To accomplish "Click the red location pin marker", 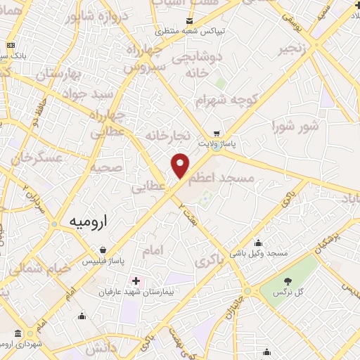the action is (181, 165).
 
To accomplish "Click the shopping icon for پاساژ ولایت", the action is (217, 133).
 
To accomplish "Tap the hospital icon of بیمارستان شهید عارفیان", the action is (136, 281).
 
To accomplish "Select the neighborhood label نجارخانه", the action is (168, 134).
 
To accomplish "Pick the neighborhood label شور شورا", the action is (295, 127).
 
